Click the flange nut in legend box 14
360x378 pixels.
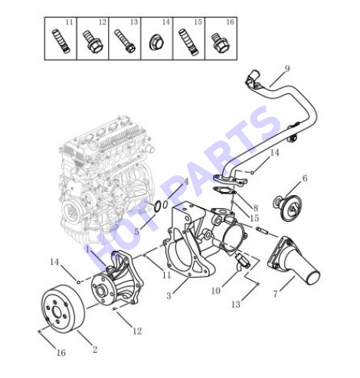(x=156, y=43)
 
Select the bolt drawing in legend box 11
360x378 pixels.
(x=61, y=41)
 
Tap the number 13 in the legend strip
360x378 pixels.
(x=134, y=22)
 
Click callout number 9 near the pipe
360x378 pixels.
(x=287, y=68)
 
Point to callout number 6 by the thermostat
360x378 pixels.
(x=305, y=178)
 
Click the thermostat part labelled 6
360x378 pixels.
(x=287, y=207)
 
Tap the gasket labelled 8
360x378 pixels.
(x=224, y=191)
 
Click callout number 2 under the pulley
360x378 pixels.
(x=95, y=349)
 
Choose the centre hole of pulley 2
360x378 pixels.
(x=57, y=312)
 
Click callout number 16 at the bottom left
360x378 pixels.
(x=61, y=353)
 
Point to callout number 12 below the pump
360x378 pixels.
(x=137, y=331)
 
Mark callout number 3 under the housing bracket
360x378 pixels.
(x=169, y=296)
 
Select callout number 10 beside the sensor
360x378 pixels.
(x=216, y=291)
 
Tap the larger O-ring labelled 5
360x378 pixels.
(x=158, y=207)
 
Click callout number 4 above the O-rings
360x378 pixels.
(x=185, y=182)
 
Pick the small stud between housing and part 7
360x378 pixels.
(x=261, y=230)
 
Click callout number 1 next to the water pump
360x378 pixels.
(x=88, y=249)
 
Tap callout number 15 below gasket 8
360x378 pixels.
(x=254, y=218)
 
